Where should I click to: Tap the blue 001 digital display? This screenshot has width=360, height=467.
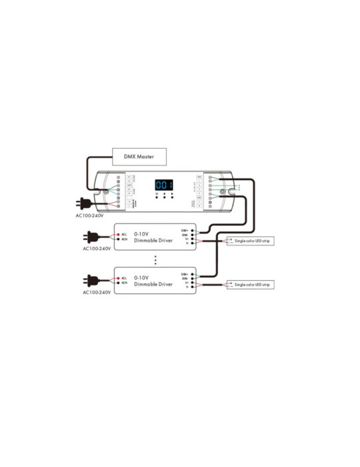[x=164, y=185]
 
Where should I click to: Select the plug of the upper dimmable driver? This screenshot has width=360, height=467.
[x=91, y=237]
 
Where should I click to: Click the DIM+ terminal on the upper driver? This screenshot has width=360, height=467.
[x=193, y=230]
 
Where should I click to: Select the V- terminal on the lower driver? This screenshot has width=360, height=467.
[x=193, y=287]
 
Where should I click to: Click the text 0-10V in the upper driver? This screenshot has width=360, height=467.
[x=141, y=233]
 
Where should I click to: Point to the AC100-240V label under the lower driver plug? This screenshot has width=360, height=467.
[x=97, y=292]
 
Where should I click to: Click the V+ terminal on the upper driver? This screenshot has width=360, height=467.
[x=193, y=238]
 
